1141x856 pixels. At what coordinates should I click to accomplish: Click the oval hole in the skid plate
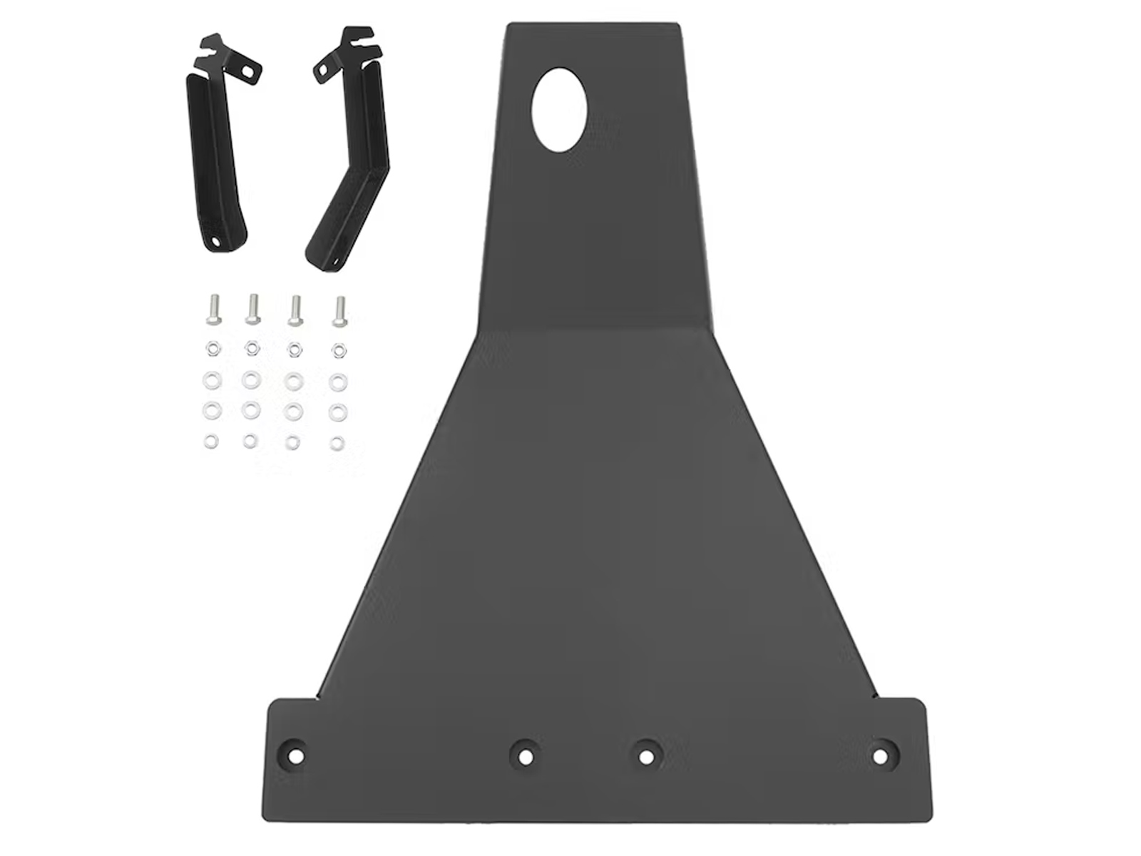tap(560, 109)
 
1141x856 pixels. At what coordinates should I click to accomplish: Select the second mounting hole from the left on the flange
tap(525, 755)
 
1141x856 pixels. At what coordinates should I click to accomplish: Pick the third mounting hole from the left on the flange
tap(645, 755)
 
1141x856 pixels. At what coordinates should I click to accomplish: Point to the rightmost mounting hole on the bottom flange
tap(881, 754)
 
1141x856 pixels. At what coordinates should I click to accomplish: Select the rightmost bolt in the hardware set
tap(339, 312)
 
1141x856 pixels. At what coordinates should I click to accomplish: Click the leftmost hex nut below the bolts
tap(211, 349)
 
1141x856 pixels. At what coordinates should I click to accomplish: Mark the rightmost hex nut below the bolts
tap(339, 350)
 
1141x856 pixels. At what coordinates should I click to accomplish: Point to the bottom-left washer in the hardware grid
tap(210, 442)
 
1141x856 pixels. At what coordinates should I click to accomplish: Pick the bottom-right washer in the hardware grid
tap(337, 443)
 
